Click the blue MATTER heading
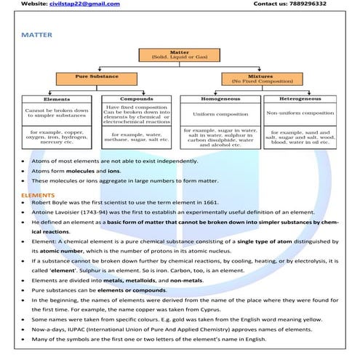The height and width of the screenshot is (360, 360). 36,34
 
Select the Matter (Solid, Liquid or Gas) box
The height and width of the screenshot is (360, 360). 179,55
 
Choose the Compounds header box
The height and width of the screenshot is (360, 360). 136,99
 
